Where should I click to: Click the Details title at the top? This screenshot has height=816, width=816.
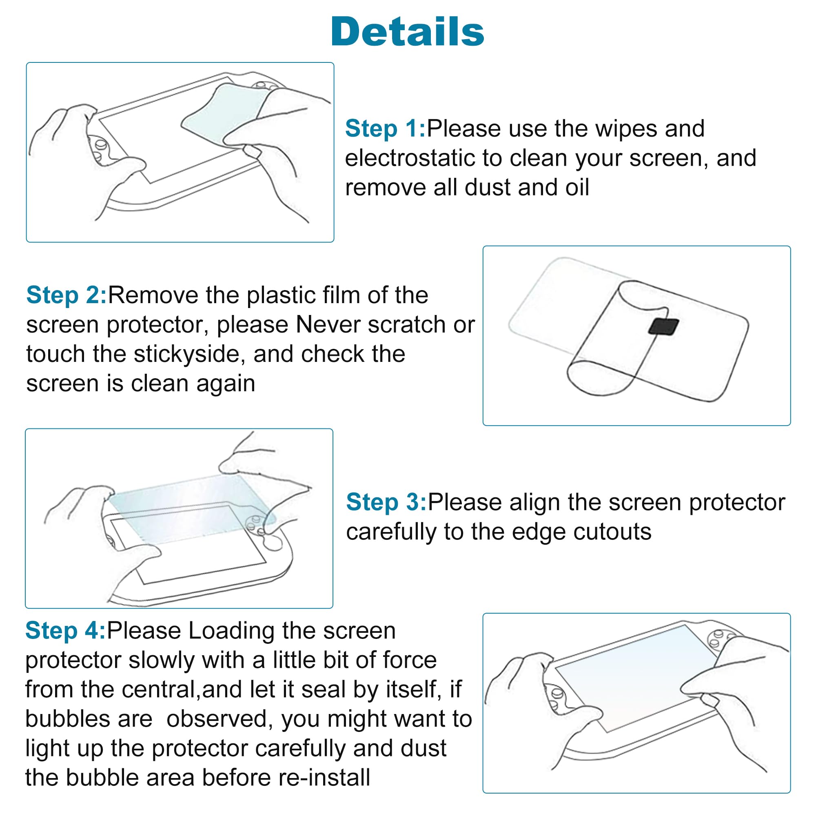point(408,32)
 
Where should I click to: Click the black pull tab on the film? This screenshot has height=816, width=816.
point(663,326)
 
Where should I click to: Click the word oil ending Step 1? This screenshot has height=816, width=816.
point(577,188)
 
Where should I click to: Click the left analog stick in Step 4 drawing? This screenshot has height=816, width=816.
point(557,693)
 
